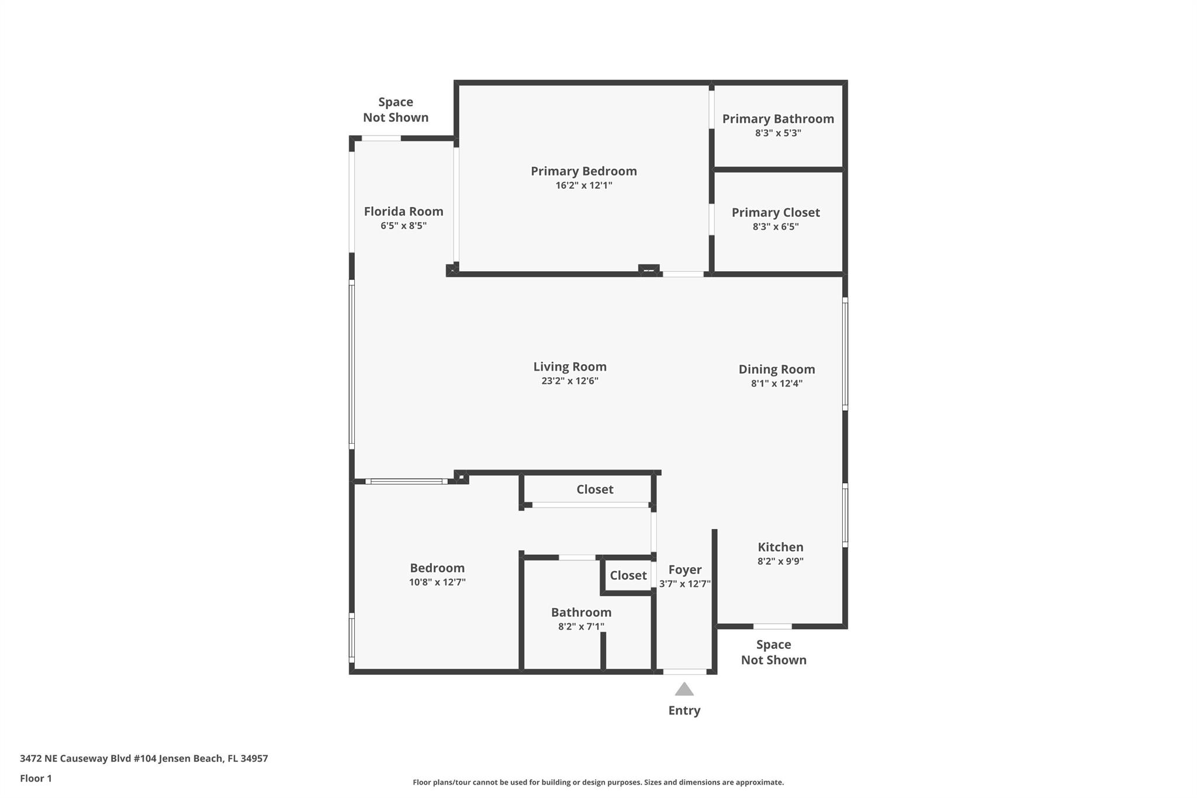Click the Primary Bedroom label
coord(583,171)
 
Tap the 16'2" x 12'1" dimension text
coord(583,185)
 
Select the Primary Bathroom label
coord(777,119)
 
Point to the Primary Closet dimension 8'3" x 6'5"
coord(775,227)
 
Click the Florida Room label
coord(403,212)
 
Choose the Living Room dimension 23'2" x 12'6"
coord(569,381)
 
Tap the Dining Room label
coord(776,369)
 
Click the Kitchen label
coord(780,547)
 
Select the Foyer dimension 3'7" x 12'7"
coord(684,584)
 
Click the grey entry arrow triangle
coord(684,690)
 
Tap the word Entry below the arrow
coord(684,710)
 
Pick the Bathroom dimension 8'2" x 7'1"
coord(581,627)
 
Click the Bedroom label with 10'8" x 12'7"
coord(437,568)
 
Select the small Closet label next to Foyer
coord(628,576)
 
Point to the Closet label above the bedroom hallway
coord(594,489)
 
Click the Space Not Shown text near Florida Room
coord(396,110)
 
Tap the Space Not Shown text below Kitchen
coord(773,652)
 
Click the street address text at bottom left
coord(144,759)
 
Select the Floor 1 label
coord(36,779)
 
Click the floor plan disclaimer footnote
coord(598,782)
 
